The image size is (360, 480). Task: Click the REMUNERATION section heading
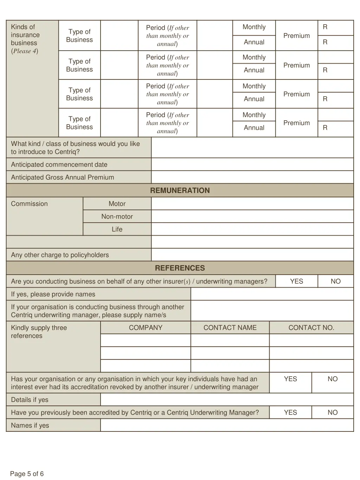(x=180, y=190)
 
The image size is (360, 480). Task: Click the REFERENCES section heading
(x=180, y=268)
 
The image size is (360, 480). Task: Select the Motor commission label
(x=117, y=204)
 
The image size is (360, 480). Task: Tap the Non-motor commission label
(x=117, y=217)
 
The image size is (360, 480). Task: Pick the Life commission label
(x=117, y=229)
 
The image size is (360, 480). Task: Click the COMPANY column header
(x=146, y=328)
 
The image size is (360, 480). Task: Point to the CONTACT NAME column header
(x=230, y=328)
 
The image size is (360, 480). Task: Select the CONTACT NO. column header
(x=311, y=328)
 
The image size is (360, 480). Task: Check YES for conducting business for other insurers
(x=296, y=281)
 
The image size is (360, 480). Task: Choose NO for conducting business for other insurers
(x=335, y=281)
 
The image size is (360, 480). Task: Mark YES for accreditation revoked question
(x=290, y=379)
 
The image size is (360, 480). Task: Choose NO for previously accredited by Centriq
(x=332, y=412)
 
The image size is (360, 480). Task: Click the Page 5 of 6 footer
(x=27, y=474)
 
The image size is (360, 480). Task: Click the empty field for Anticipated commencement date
(x=252, y=165)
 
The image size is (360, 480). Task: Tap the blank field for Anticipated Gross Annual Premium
(x=252, y=177)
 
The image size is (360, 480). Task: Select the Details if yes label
(x=30, y=400)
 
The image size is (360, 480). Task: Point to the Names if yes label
(x=30, y=425)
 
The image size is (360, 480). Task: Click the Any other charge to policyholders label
(x=60, y=255)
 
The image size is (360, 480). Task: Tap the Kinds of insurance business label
(x=25, y=39)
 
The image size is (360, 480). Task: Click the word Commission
(x=29, y=204)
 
